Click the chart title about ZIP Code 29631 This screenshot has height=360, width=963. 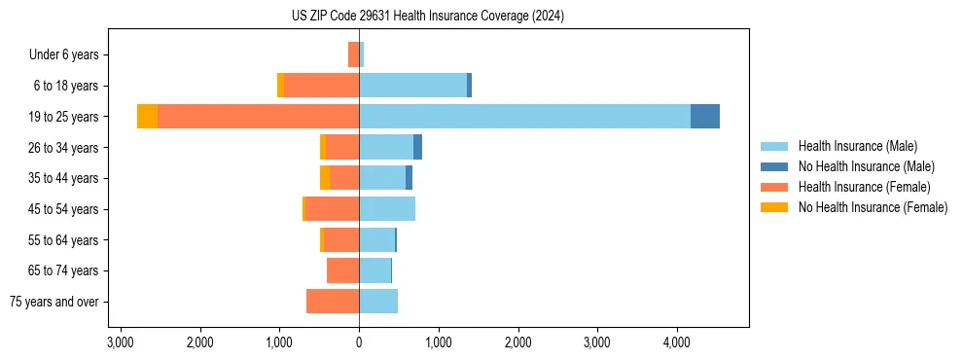(427, 16)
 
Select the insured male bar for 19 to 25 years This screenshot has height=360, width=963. (524, 117)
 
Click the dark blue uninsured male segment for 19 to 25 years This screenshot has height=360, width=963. (705, 117)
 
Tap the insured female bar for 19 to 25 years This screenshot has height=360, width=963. (258, 117)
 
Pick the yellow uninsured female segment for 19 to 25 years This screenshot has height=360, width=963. (147, 117)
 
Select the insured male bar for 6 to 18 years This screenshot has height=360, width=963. (412, 86)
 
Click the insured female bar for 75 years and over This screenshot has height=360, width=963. (333, 302)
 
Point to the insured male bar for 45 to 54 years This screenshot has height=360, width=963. (387, 209)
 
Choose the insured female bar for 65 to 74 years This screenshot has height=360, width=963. (342, 270)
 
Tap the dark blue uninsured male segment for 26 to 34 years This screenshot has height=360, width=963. (417, 148)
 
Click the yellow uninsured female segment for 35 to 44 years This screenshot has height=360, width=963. (325, 178)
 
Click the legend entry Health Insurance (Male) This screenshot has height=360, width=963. (857, 146)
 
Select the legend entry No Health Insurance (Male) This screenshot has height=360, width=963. (866, 166)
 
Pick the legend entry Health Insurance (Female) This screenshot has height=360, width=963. (864, 187)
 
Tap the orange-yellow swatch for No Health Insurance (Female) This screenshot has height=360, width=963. (773, 207)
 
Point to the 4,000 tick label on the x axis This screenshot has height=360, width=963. (676, 342)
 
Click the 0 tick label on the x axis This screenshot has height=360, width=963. (359, 342)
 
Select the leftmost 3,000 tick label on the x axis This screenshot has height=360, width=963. (120, 342)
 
